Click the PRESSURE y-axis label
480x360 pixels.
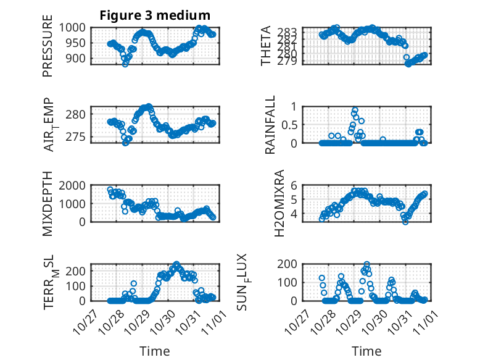click(48, 49)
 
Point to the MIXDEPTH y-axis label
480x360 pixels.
click(48, 204)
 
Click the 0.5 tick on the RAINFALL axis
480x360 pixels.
click(289, 124)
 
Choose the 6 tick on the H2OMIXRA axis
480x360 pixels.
click(294, 185)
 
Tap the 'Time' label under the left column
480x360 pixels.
click(154, 351)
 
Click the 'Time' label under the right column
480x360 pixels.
click(366, 351)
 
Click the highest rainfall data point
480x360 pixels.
click(355, 110)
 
